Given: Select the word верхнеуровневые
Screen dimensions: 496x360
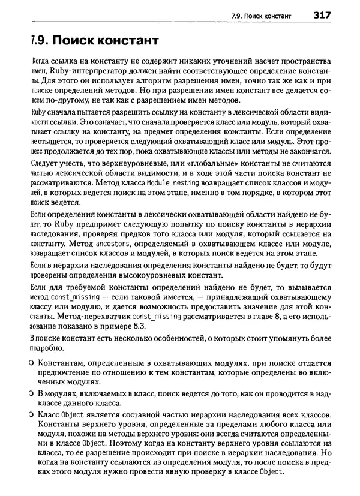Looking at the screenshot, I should pyautogui.click(x=130, y=161).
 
